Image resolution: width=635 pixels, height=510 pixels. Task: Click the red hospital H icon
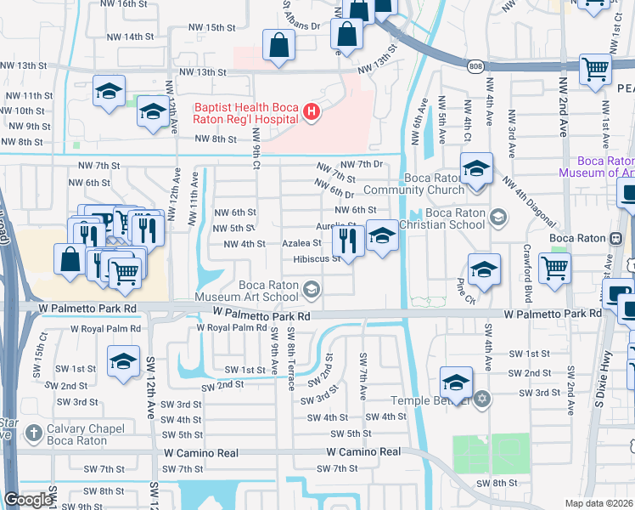[312, 111]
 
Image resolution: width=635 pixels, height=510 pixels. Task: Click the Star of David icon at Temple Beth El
[481, 399]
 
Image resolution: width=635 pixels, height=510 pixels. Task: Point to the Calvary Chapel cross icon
[34, 433]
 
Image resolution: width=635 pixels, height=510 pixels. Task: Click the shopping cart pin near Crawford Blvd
[554, 268]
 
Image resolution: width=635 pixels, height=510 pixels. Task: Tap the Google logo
[28, 500]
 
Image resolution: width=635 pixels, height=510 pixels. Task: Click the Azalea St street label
[301, 243]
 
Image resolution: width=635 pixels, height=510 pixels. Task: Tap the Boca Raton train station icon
[615, 237]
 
